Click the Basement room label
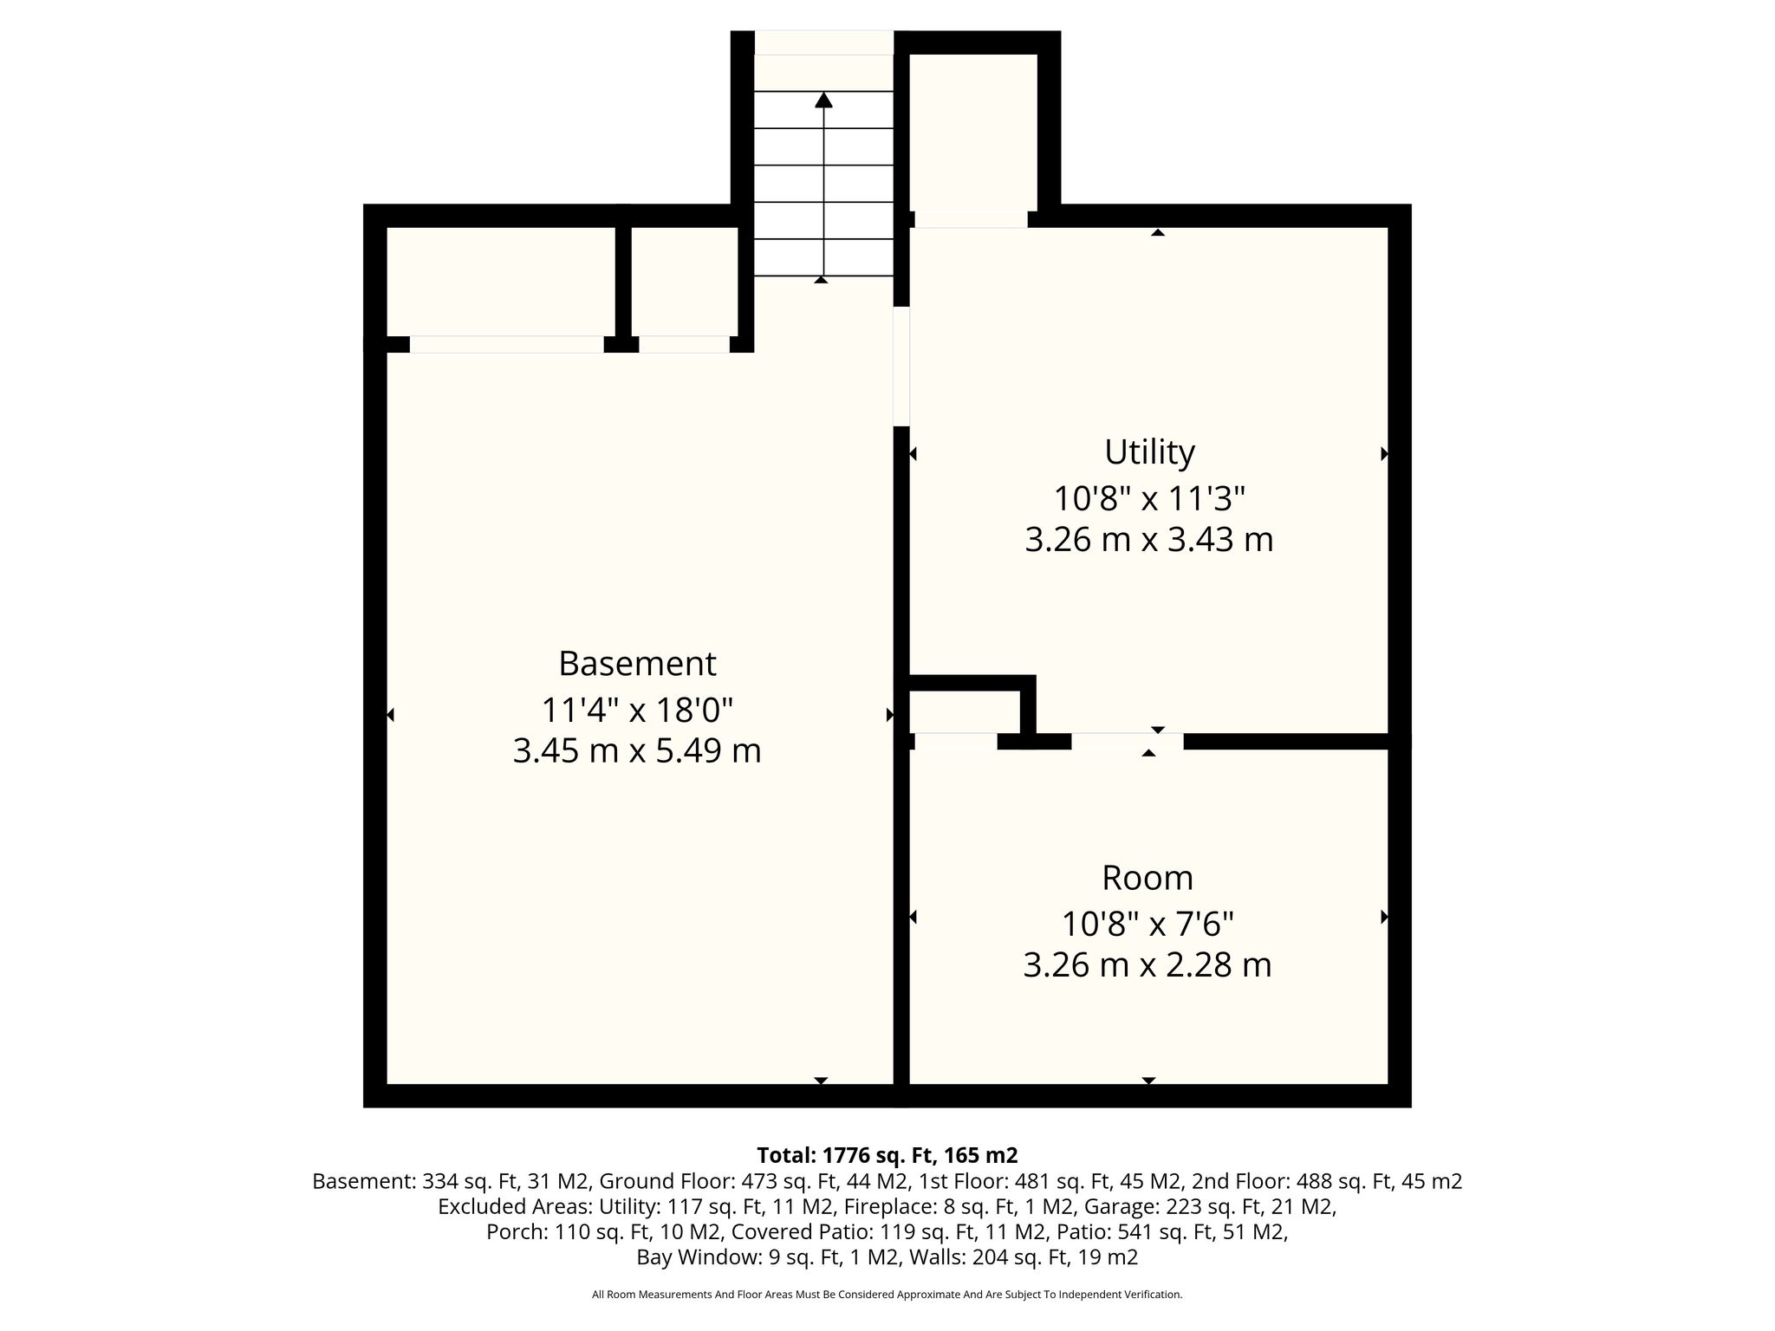[637, 664]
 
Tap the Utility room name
[1149, 452]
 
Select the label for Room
[1148, 878]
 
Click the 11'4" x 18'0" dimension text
[637, 711]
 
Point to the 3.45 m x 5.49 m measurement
[637, 750]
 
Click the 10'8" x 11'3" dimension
[1149, 499]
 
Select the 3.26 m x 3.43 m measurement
[1149, 540]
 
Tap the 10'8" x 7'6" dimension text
[1148, 925]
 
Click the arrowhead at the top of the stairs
[823, 100]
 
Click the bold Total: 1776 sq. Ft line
[887, 1155]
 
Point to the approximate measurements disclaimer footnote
[887, 1295]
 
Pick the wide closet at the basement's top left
[500, 282]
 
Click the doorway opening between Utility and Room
[1128, 741]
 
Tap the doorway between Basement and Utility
[901, 366]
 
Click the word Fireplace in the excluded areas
[882, 1207]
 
